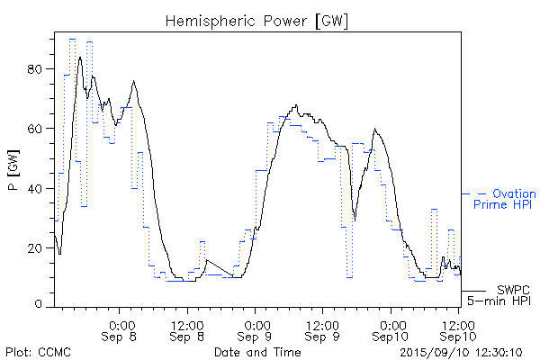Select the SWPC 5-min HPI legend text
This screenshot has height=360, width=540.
[x=503, y=293]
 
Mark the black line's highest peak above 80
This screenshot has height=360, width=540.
[x=80, y=57]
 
